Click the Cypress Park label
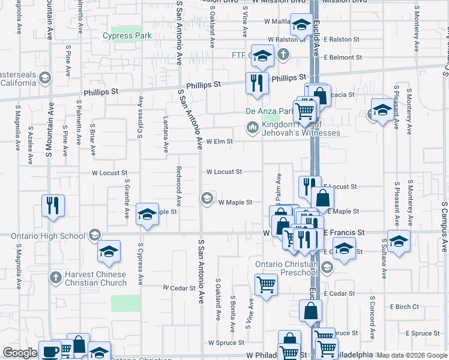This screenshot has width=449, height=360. click(x=127, y=36)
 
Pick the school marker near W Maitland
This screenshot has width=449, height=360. click(x=301, y=25)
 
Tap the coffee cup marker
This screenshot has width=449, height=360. click(x=50, y=351)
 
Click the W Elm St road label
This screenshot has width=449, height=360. click(x=219, y=142)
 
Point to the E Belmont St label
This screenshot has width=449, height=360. click(x=342, y=58)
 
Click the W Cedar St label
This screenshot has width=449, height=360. click(x=176, y=287)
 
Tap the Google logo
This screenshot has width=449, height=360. click(x=20, y=353)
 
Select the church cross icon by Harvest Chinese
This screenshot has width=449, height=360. click(x=55, y=277)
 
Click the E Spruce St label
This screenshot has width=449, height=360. click(x=424, y=333)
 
